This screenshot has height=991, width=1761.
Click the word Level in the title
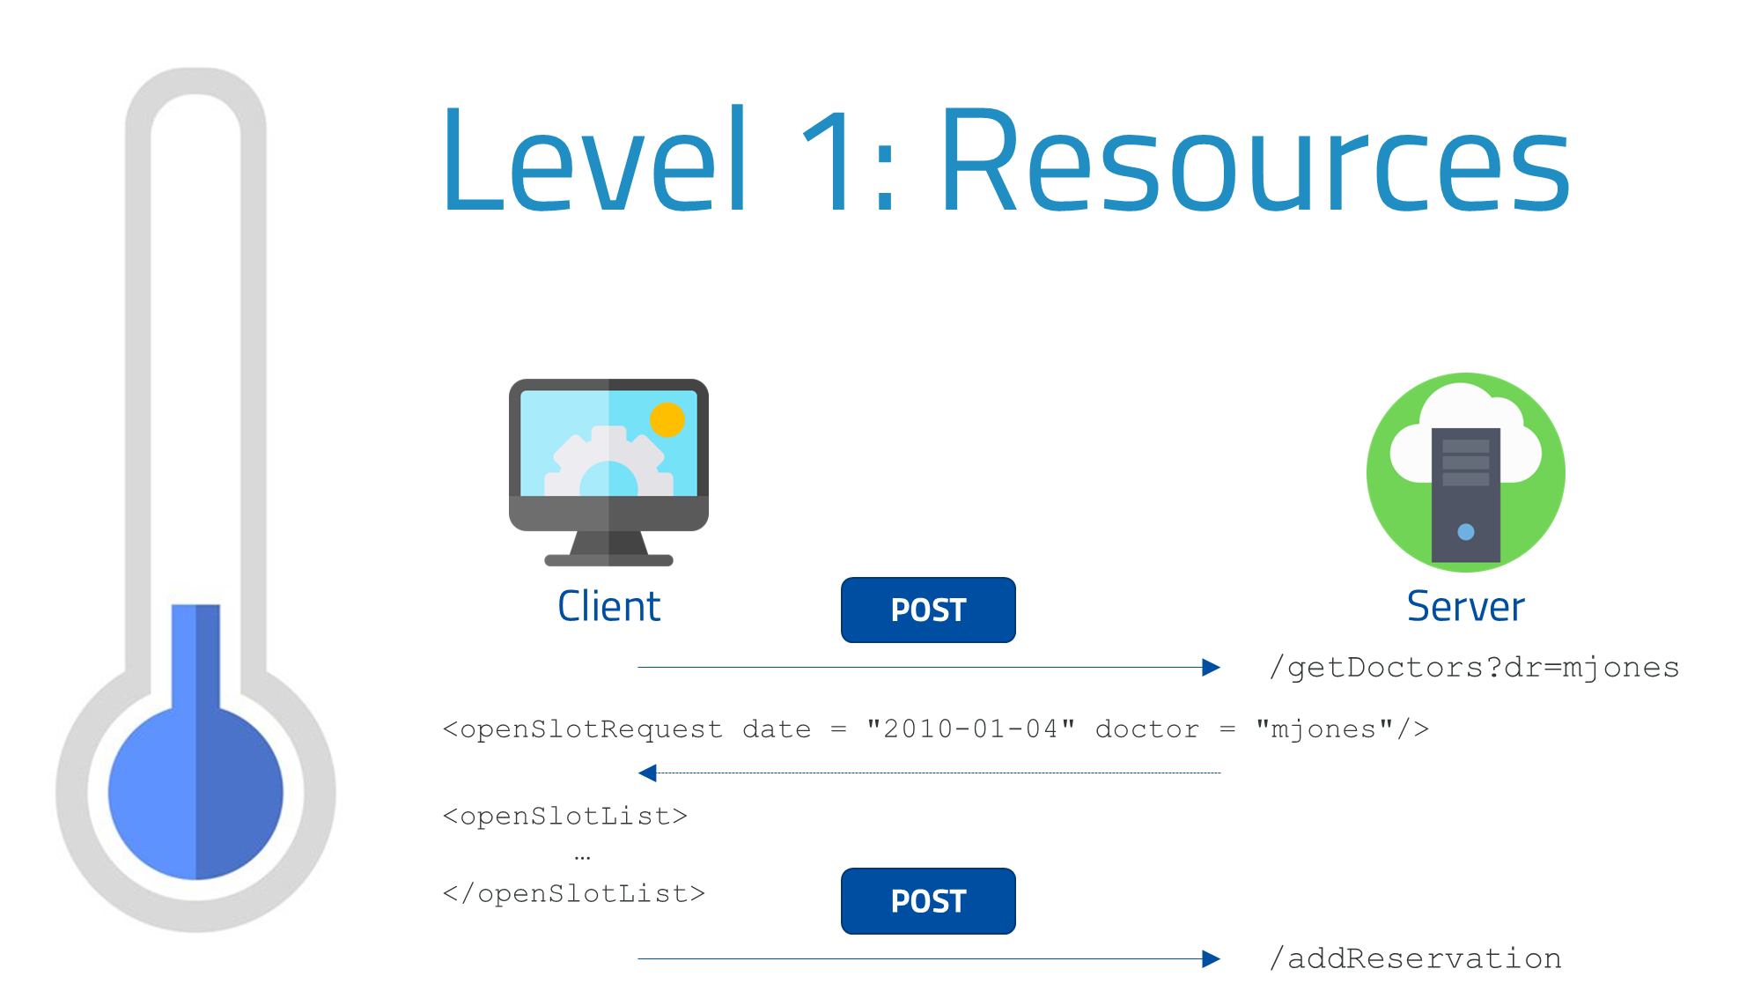594,160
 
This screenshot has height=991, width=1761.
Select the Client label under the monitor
608,607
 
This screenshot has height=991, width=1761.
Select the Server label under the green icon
1465,607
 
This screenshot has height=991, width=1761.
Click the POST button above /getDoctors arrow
928,610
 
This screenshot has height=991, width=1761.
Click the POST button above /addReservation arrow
928,901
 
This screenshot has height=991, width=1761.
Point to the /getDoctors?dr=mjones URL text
1474,668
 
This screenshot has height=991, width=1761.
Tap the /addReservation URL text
1416,958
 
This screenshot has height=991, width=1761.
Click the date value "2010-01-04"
970,729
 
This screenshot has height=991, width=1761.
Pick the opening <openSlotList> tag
564,817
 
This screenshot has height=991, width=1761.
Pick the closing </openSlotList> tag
573,894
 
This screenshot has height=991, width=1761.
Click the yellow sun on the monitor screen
667,419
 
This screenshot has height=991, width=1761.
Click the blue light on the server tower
1465,532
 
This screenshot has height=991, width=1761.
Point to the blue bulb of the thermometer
195,793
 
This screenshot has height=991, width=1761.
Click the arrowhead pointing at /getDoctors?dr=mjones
1212,668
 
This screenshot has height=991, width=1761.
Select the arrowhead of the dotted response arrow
647,773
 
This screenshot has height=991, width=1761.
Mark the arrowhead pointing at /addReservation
1212,958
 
